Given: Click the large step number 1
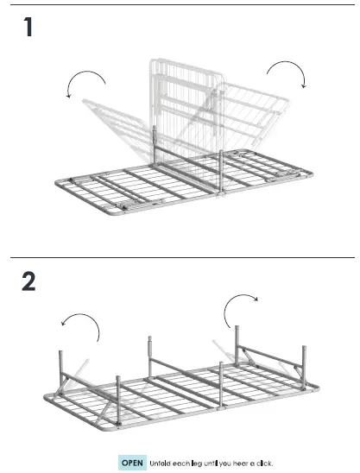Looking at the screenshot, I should pos(28,28).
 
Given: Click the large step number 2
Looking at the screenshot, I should pos(29,283).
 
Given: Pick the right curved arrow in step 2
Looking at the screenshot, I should pos(241,306).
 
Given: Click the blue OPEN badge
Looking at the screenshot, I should pos(132,463).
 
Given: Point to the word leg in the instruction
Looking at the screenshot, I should pos(197,464).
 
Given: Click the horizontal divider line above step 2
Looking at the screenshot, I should pos(180,257).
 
